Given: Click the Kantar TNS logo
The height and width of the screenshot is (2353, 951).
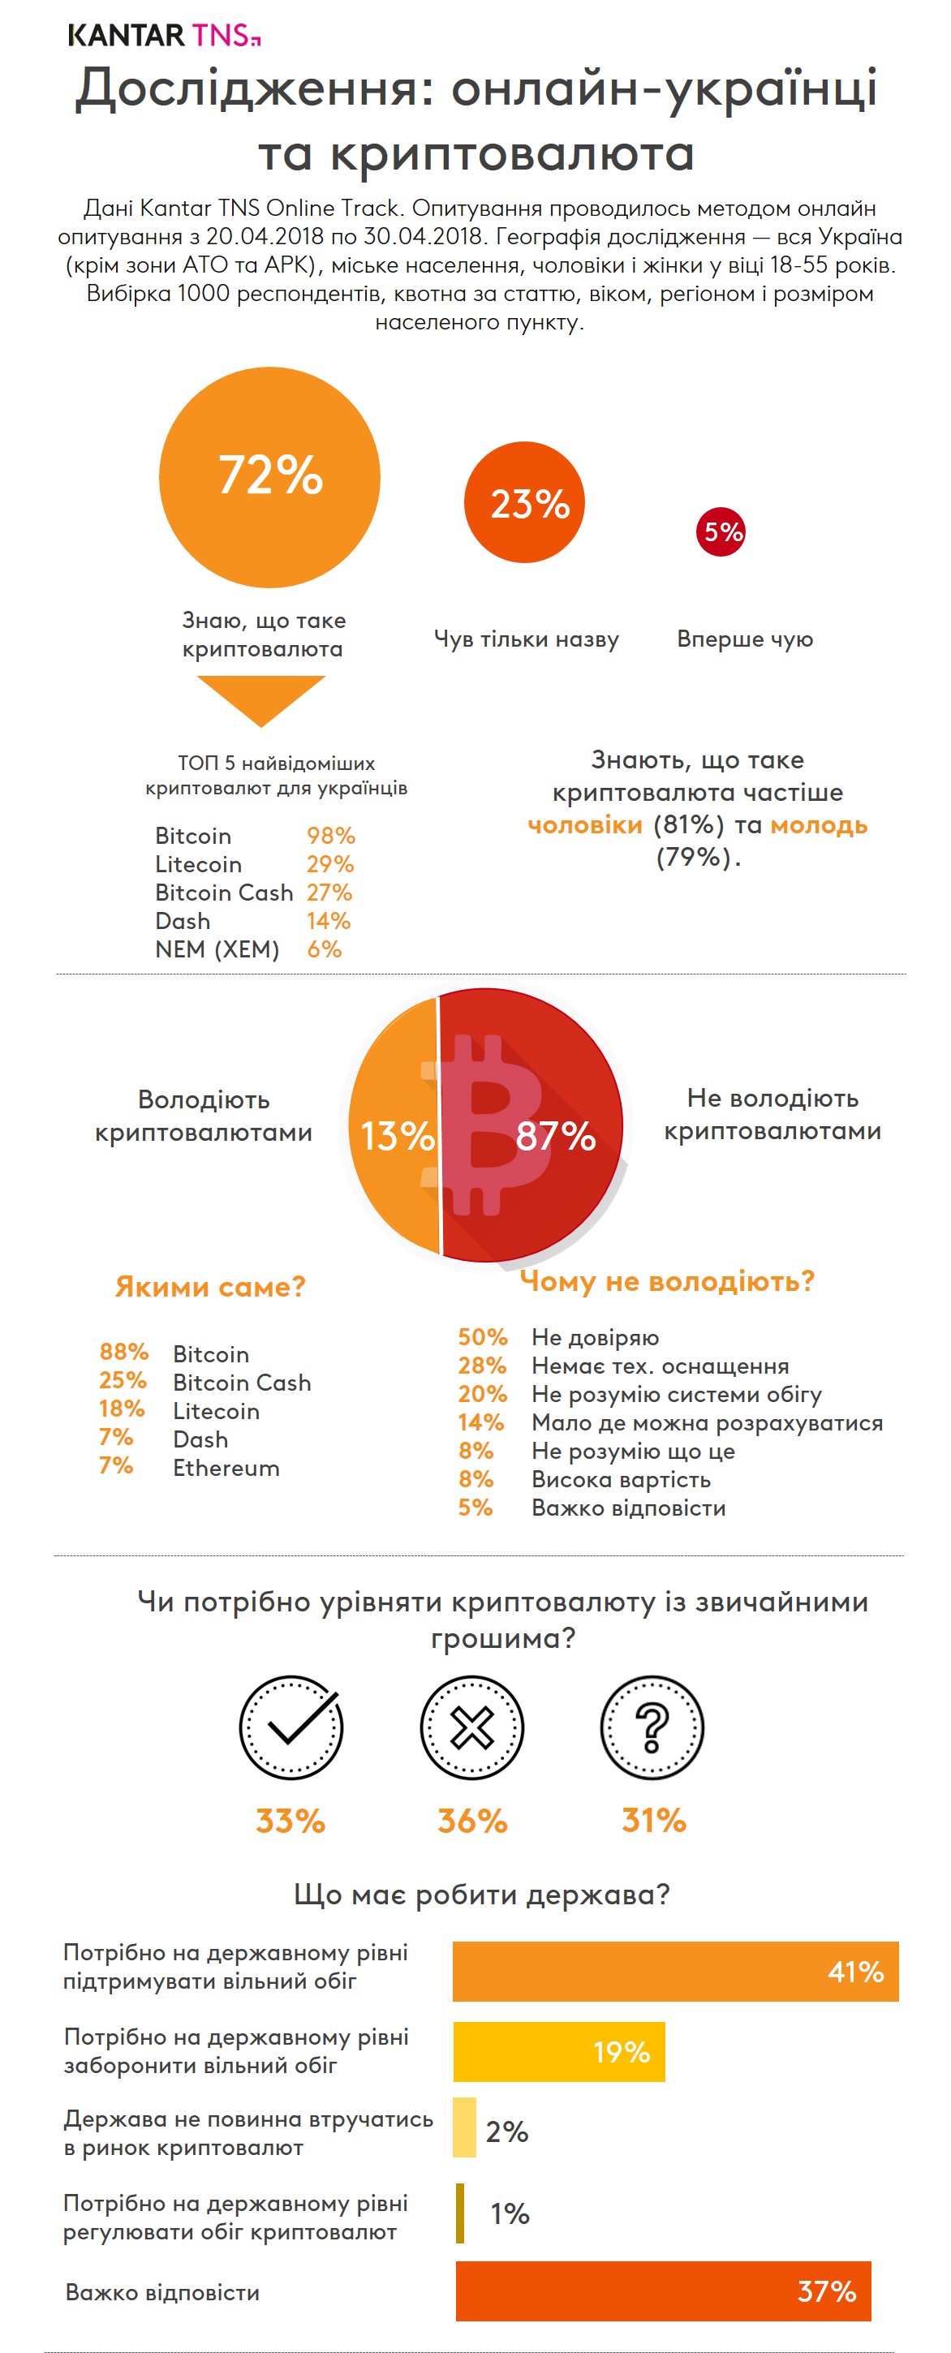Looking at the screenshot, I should coord(165,35).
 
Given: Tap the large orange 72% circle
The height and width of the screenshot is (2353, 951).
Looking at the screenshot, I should coord(269,477).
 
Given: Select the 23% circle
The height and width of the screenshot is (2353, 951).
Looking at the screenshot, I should coord(524,502).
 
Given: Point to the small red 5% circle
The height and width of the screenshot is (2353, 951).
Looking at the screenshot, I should coord(721,531).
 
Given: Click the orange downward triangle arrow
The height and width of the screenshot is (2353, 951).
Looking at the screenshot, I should coord(261,699).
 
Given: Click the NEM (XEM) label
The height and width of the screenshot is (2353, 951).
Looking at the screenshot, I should coord(217,949).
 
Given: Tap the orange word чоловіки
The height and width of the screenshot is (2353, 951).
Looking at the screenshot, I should coord(586,825).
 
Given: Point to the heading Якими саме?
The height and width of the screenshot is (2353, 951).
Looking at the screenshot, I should coord(210,1287).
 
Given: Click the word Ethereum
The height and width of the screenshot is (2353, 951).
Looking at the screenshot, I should coord(226,1468).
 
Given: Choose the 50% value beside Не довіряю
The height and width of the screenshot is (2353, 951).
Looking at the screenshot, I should coord(482,1337).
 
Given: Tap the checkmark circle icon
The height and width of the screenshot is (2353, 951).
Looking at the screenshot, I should coord(290,1727).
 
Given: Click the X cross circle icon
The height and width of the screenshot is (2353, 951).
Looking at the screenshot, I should coord(471,1727).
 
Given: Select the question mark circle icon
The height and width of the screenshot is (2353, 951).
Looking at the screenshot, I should coord(652,1727).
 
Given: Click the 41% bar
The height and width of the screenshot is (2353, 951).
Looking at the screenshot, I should coord(675,1971).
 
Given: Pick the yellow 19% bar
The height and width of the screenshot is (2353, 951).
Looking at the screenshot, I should coord(558,2051).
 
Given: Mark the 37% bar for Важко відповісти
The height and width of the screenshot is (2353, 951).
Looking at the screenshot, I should coord(663,2291).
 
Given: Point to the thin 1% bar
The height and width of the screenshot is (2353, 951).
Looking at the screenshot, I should coord(460,2213).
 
